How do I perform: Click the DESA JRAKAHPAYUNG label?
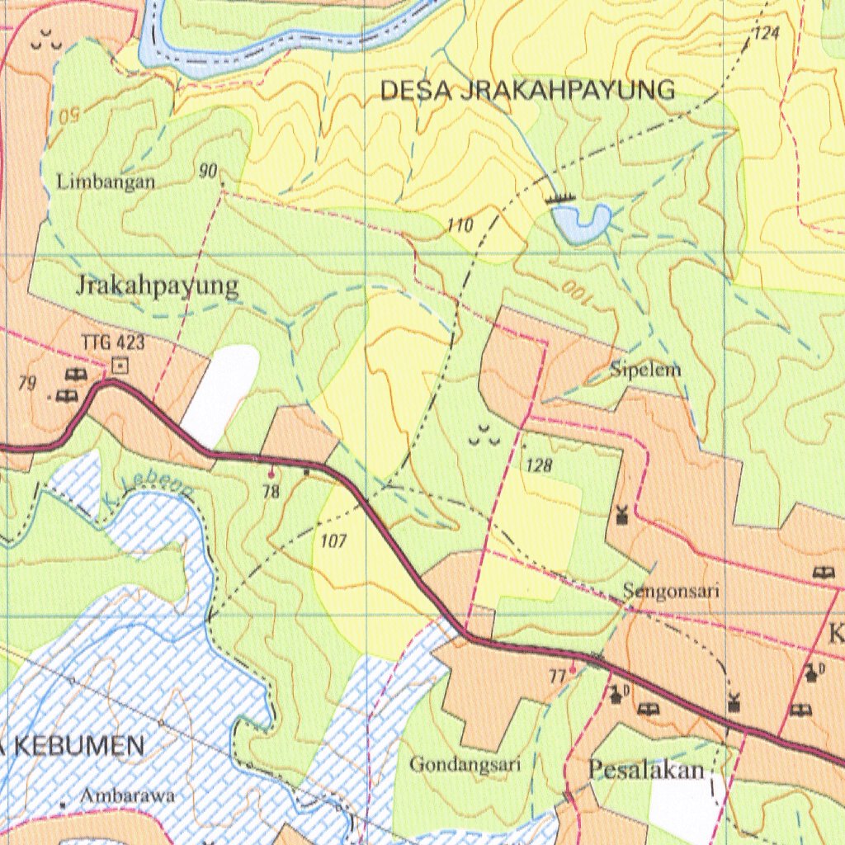(x=527, y=90)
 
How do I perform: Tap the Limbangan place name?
(x=106, y=182)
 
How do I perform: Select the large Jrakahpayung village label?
(x=158, y=286)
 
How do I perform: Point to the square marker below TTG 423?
(x=121, y=362)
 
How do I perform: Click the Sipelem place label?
(x=645, y=370)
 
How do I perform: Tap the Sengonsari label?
(x=672, y=591)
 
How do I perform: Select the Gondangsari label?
(x=465, y=765)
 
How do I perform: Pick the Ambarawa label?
(x=128, y=796)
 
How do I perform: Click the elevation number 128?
(x=538, y=465)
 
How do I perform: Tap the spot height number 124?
(x=766, y=34)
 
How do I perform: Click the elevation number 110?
(x=460, y=225)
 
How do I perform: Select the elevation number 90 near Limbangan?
(x=207, y=171)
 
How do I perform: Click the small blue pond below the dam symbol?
(x=581, y=222)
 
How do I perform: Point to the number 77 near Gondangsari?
(x=558, y=677)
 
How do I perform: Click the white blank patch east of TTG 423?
(x=220, y=392)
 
